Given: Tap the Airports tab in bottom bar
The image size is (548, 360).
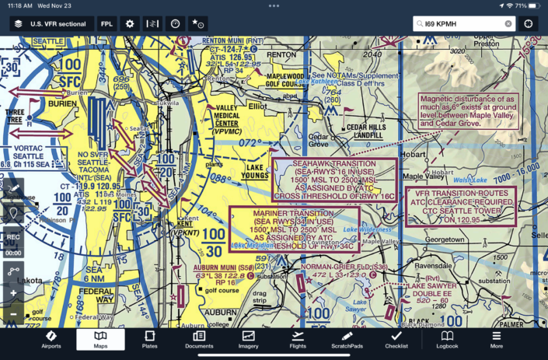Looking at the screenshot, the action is click(x=51, y=339).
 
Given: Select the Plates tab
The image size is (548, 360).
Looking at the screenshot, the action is click(x=149, y=339).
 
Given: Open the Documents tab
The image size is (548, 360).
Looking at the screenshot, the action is click(x=199, y=339).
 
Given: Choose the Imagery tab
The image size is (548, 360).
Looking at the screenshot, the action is click(x=249, y=339).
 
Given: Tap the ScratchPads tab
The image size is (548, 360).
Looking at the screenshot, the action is click(x=347, y=339).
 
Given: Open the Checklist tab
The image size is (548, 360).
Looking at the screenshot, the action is click(x=396, y=339).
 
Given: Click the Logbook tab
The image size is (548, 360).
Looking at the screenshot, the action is click(x=447, y=339).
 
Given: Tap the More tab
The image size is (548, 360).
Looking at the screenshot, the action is click(x=496, y=339).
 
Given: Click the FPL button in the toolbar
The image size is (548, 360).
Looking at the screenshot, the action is click(x=106, y=23).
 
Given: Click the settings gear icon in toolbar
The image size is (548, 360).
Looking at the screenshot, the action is click(x=130, y=23).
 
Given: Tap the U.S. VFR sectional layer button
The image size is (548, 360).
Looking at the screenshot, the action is click(x=51, y=23).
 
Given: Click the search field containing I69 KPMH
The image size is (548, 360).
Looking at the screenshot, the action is click(x=463, y=23).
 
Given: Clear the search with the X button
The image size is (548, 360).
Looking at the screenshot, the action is click(x=508, y=23).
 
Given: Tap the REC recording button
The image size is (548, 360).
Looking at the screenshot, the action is click(x=12, y=241).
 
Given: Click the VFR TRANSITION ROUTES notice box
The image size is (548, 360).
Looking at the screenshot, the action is click(x=461, y=206).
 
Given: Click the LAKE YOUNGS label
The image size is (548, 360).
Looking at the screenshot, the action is click(x=254, y=171).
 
